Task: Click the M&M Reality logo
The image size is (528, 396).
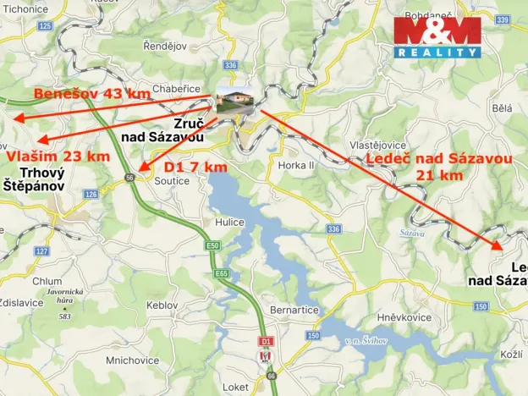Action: pyautogui.click(x=437, y=37)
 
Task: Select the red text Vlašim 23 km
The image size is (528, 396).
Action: pyautogui.click(x=58, y=157)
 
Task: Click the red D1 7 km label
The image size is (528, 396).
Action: pyautogui.click(x=195, y=167)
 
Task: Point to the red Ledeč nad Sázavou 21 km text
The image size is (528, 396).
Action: pyautogui.click(x=439, y=167)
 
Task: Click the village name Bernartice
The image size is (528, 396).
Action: pyautogui.click(x=294, y=311)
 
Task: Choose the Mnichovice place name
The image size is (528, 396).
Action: pyautogui.click(x=133, y=360)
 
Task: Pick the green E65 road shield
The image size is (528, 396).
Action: pyautogui.click(x=222, y=274)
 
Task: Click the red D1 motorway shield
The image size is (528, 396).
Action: pyautogui.click(x=266, y=341)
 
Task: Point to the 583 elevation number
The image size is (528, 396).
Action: pyautogui.click(x=64, y=316)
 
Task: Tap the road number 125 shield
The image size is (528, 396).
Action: pyautogui.click(x=45, y=26)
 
